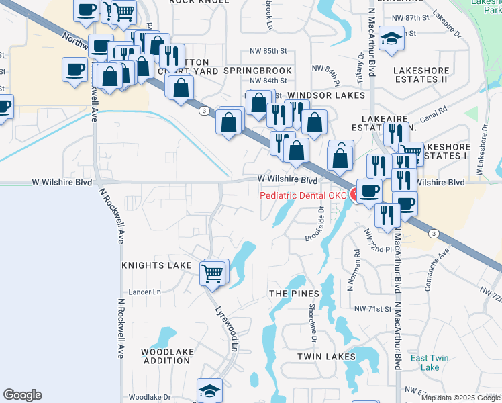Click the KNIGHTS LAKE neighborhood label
(156, 266)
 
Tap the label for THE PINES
(294, 294)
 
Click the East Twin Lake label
(425, 363)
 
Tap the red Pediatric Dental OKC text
(303, 195)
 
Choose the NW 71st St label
(372, 309)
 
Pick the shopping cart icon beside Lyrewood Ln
(213, 273)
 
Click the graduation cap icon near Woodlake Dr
(209, 391)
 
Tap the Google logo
(22, 395)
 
